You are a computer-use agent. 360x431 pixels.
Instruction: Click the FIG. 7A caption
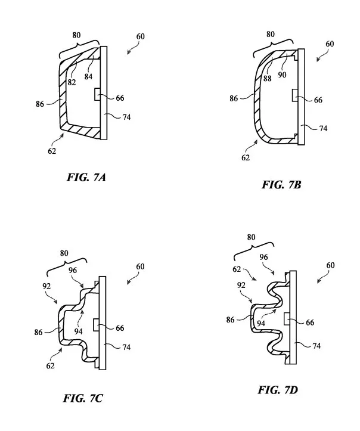pyautogui.click(x=86, y=177)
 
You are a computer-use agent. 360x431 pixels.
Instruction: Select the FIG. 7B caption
pyautogui.click(x=281, y=184)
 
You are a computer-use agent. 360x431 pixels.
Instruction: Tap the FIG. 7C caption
pyautogui.click(x=83, y=398)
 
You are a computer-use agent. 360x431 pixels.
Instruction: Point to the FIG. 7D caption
pyautogui.click(x=278, y=390)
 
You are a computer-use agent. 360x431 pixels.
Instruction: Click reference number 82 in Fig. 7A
pyautogui.click(x=72, y=82)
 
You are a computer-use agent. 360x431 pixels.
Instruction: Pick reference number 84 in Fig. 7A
pyautogui.click(x=88, y=76)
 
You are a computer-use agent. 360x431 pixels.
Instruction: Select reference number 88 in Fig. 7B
pyautogui.click(x=267, y=78)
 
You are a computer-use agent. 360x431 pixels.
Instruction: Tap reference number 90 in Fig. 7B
pyautogui.click(x=282, y=75)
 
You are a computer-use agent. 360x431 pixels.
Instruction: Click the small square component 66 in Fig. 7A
pyautogui.click(x=97, y=94)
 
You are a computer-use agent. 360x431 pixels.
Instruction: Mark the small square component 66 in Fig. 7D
pyautogui.click(x=286, y=319)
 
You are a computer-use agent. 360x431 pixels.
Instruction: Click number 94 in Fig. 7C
pyautogui.click(x=78, y=331)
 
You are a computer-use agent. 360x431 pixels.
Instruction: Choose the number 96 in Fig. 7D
pyautogui.click(x=263, y=257)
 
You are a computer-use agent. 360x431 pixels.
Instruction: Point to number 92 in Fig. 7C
pyautogui.click(x=46, y=286)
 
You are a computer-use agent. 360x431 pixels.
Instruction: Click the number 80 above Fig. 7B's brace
pyautogui.click(x=271, y=34)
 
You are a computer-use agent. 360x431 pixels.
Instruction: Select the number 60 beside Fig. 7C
pyautogui.click(x=140, y=266)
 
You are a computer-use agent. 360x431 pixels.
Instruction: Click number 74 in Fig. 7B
pyautogui.click(x=323, y=128)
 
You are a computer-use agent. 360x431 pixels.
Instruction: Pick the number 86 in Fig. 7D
pyautogui.click(x=230, y=320)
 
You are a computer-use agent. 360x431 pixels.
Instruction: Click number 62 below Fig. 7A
pyautogui.click(x=52, y=151)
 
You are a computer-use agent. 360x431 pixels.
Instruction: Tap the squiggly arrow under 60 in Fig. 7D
pyautogui.click(x=323, y=277)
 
